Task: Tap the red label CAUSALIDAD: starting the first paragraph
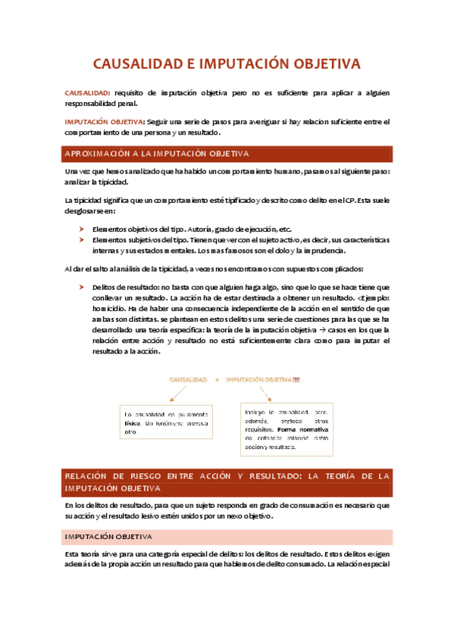click(x=86, y=93)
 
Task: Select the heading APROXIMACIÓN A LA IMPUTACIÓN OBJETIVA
click(x=157, y=154)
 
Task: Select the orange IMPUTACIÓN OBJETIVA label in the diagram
click(x=262, y=379)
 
